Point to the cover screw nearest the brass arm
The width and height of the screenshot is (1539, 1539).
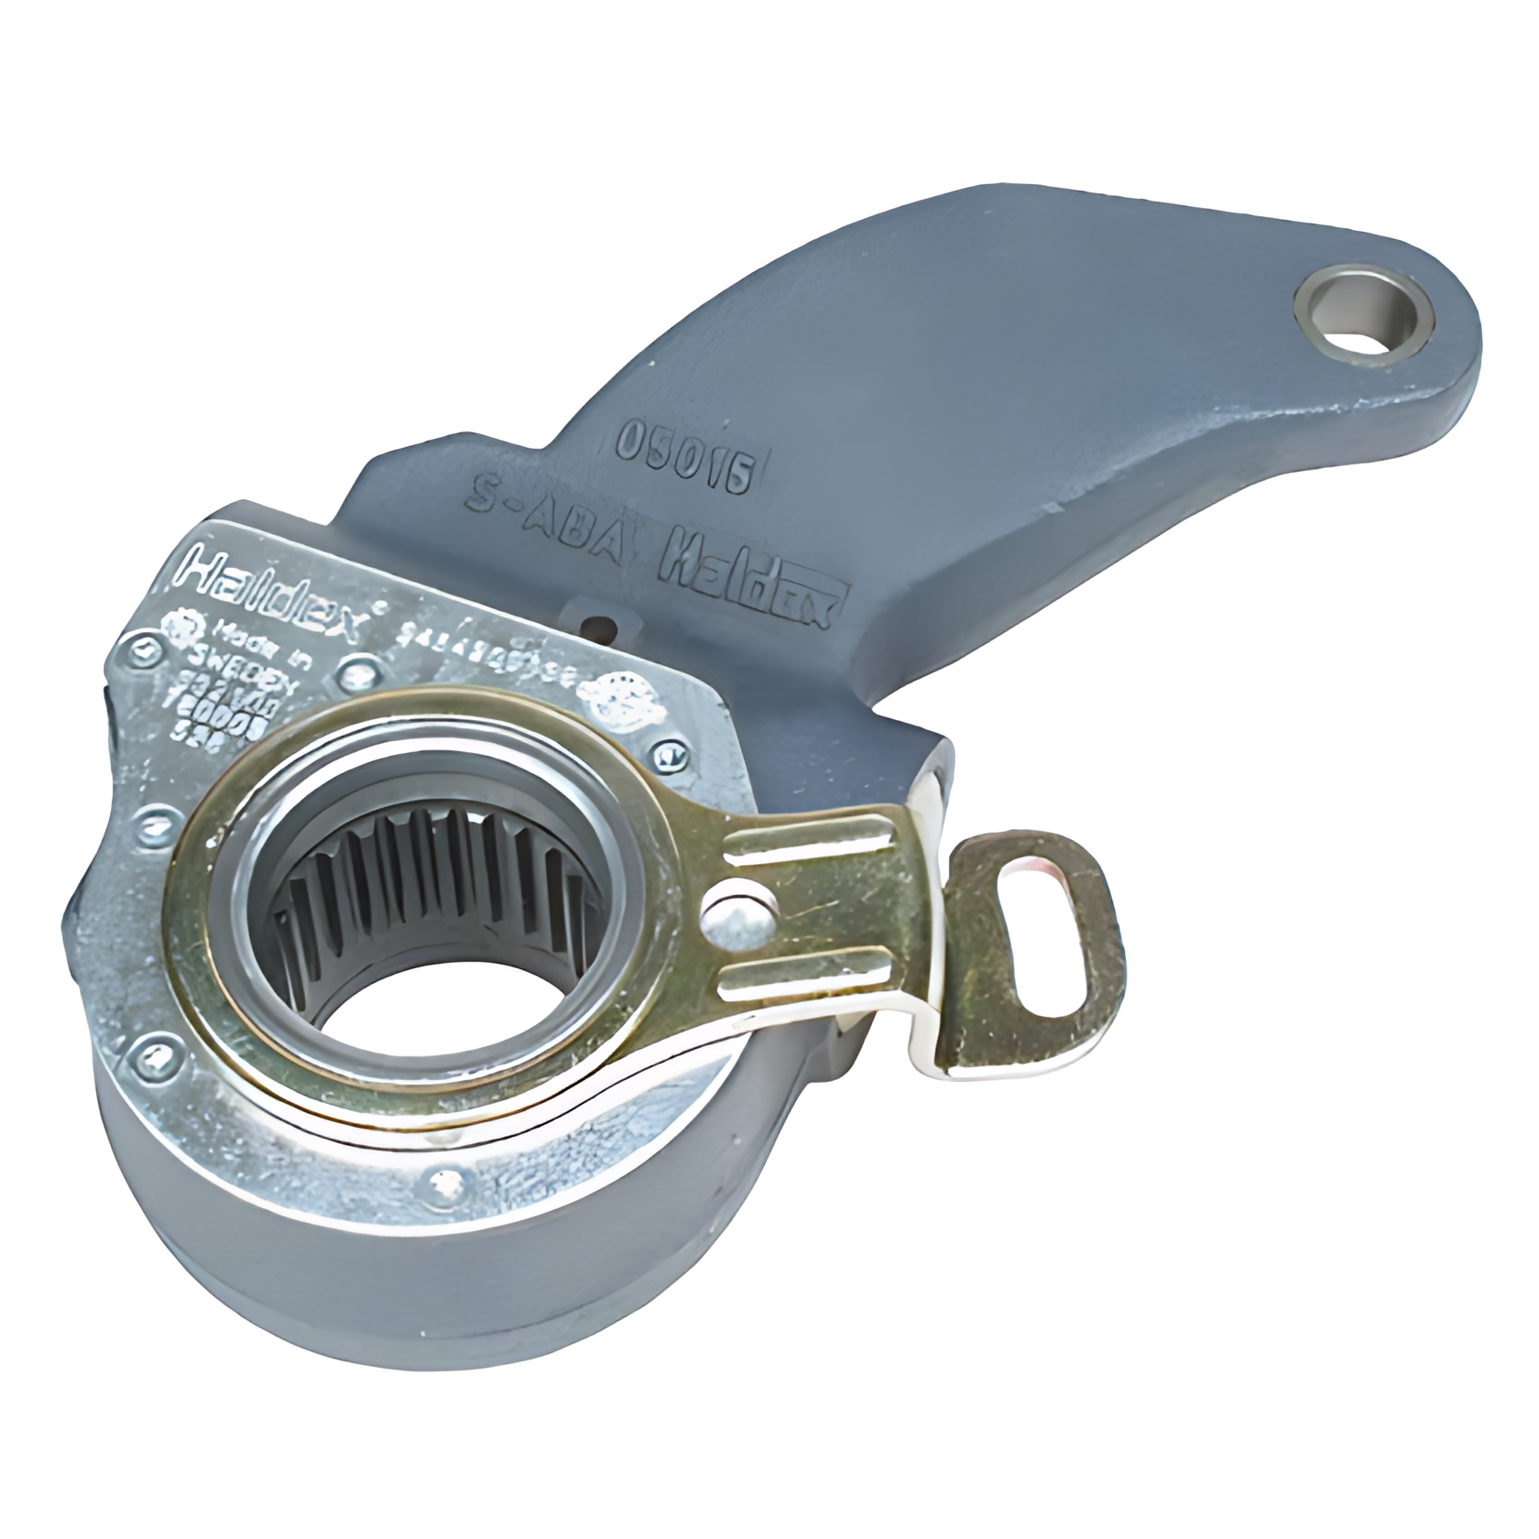coord(670,755)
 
